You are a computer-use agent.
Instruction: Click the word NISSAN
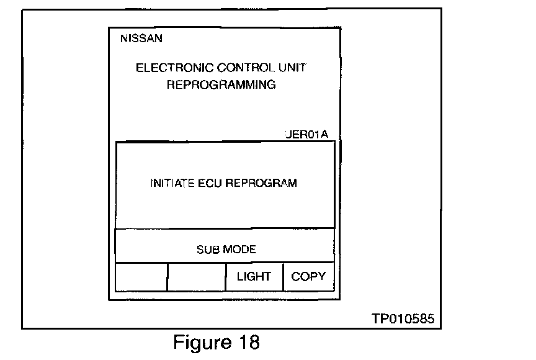141,38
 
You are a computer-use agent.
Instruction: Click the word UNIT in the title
292,68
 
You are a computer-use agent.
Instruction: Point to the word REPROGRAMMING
221,85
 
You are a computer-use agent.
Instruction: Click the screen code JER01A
310,134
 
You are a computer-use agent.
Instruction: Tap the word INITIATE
172,183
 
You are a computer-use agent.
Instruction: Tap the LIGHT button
254,277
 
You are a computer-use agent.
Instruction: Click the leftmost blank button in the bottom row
141,277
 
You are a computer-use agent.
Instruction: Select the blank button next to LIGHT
197,277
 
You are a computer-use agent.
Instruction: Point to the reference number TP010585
403,319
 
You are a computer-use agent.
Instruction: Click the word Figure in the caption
197,343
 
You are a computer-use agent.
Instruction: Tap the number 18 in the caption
246,342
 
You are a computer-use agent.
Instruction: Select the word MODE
239,250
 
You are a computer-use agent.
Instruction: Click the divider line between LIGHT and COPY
283,277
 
